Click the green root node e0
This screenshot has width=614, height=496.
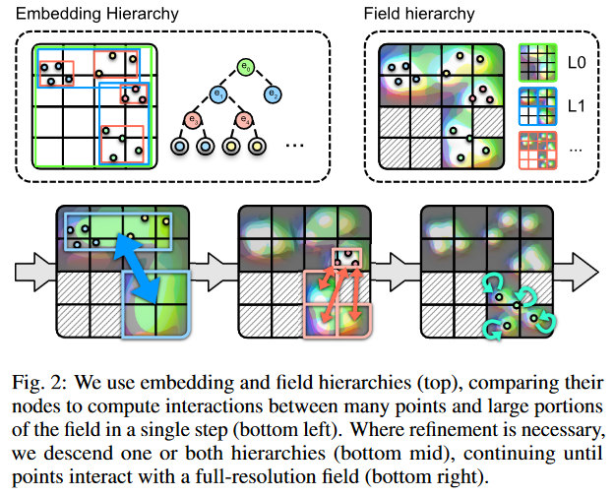click(x=246, y=67)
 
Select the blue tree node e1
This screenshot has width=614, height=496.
click(x=218, y=94)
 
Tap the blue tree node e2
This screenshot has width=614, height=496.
click(x=273, y=94)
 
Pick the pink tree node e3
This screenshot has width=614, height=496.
click(x=193, y=119)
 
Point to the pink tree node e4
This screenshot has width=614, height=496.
click(x=244, y=119)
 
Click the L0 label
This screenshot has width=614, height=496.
click(x=577, y=63)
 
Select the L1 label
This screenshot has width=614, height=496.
click(x=576, y=106)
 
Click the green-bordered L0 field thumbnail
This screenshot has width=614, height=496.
click(x=537, y=63)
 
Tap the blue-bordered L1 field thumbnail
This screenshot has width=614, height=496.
click(x=537, y=106)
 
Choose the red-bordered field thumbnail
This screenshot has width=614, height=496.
click(x=537, y=151)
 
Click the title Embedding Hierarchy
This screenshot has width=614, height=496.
click(x=97, y=14)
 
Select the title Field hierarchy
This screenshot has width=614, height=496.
click(x=419, y=14)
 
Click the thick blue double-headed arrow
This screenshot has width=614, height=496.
click(x=137, y=269)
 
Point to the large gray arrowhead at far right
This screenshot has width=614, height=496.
click(x=585, y=272)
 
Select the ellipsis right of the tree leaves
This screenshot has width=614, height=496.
click(x=294, y=146)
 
